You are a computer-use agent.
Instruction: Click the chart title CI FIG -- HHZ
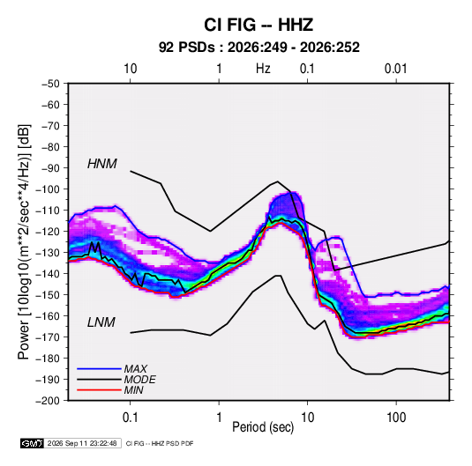pos(258,25)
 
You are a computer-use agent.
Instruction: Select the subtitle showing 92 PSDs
pos(258,48)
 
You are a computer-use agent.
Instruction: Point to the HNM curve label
pos(102,164)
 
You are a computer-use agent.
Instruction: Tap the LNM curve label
pos(101,322)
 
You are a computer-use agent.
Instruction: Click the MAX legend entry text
pos(136,369)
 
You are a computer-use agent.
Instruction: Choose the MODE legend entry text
pos(139,380)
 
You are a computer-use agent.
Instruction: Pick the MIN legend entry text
pos(133,390)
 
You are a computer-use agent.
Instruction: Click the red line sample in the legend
pos(99,390)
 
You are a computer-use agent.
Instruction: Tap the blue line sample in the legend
pos(99,368)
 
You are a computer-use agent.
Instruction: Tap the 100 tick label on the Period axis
pos(396,418)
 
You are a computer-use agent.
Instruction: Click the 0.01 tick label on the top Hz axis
pos(396,69)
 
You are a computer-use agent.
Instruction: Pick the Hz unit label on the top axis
pos(263,69)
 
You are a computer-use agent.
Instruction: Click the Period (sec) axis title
pos(263,427)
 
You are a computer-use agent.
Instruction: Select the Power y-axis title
pos(24,242)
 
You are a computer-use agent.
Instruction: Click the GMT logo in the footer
pos(33,443)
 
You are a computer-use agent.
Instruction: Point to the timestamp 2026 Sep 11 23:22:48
pos(82,443)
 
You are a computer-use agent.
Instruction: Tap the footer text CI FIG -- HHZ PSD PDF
pos(160,443)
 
